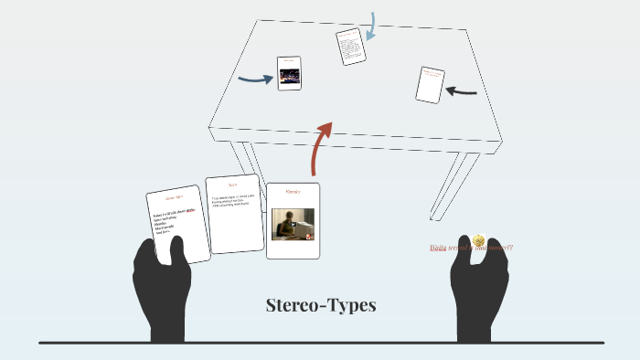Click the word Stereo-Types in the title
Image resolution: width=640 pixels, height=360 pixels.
320,305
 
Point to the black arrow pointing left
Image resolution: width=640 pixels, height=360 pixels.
462,90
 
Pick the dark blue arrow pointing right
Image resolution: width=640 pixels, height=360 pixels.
256,79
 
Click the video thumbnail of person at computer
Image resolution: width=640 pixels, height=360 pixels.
293,222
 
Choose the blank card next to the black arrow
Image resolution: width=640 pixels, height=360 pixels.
429,85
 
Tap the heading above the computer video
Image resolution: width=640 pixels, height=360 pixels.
293,193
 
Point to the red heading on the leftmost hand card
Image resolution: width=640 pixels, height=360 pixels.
174,198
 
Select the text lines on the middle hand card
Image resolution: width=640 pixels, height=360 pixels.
235,202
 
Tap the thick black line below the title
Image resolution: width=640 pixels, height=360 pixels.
320,343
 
